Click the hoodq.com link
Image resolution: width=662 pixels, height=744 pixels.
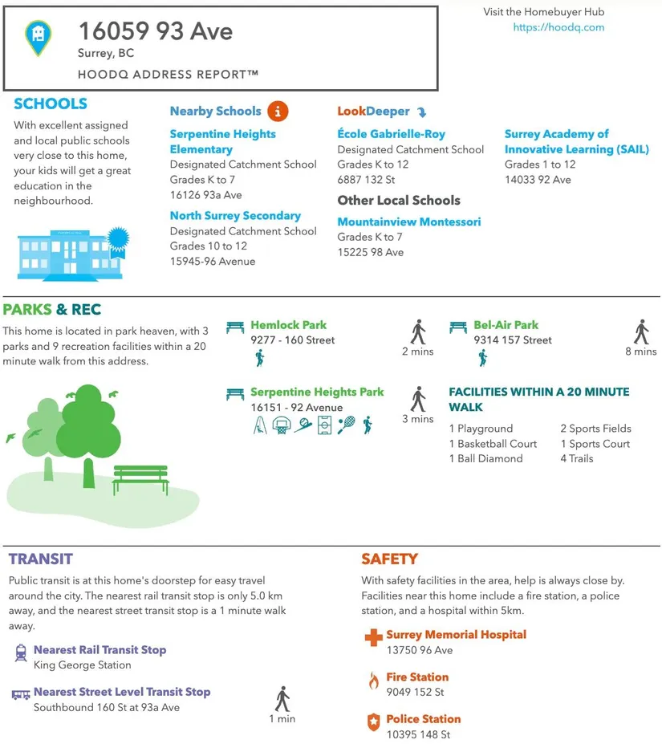[558, 27]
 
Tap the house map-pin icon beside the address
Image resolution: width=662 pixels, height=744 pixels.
[37, 37]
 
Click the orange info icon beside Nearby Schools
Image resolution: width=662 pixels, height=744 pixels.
[278, 111]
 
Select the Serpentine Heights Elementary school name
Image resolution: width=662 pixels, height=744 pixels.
[222, 141]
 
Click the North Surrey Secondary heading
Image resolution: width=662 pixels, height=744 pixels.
[235, 215]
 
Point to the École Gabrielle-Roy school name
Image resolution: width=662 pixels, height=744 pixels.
[391, 134]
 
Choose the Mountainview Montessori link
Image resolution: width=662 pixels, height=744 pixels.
[408, 222]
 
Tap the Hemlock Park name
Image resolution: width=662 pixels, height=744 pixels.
[288, 325]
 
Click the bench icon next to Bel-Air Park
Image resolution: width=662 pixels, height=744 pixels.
[457, 327]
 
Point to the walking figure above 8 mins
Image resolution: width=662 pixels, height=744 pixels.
[640, 331]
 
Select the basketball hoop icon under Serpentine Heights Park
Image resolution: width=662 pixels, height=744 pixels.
[281, 425]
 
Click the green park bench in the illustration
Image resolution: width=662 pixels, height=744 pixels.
[140, 479]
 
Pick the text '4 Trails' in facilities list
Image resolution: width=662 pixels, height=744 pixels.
[576, 458]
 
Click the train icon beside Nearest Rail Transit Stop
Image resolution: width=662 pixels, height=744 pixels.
[21, 653]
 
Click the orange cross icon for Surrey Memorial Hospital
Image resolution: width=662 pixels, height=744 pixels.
[373, 639]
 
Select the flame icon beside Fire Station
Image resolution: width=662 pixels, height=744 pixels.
[373, 681]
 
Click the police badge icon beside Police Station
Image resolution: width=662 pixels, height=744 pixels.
[373, 723]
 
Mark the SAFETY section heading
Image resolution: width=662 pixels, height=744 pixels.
[389, 559]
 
